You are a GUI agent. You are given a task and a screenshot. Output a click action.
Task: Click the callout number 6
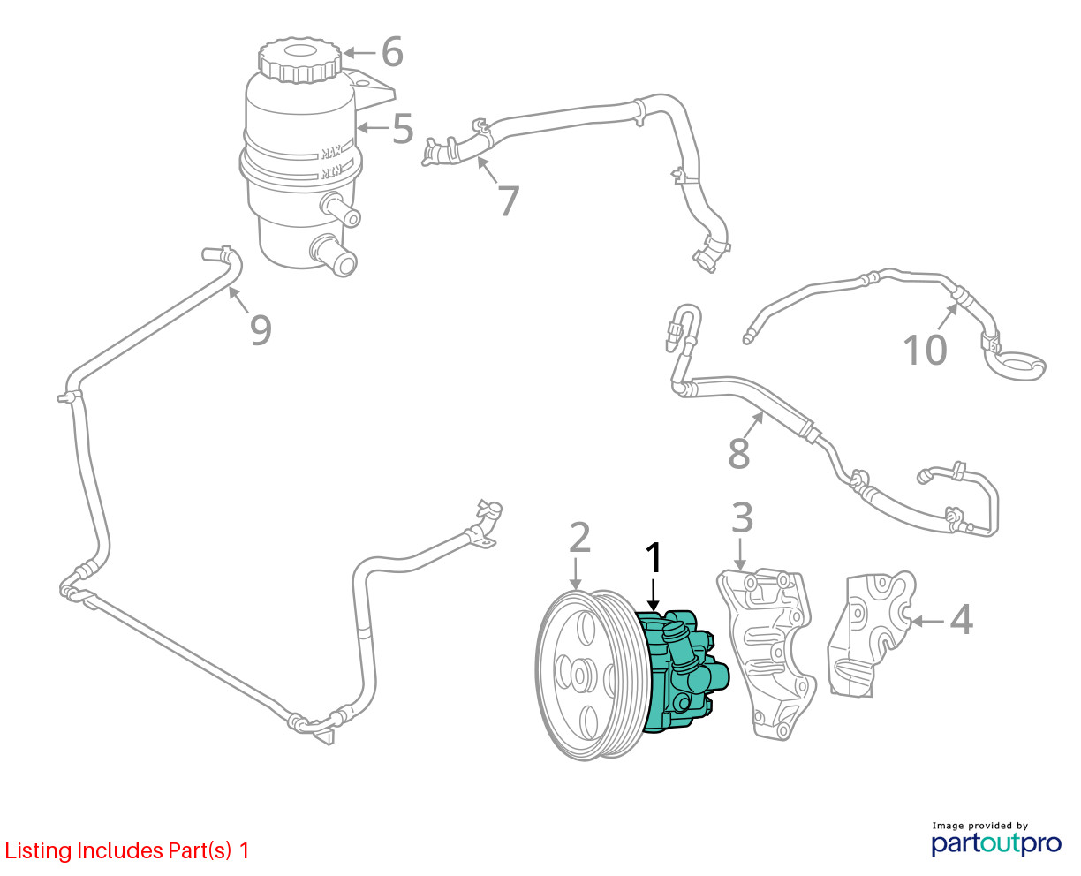(392, 52)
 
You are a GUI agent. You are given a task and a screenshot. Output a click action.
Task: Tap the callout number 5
(402, 129)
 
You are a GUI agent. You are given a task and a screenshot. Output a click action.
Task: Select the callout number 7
(508, 200)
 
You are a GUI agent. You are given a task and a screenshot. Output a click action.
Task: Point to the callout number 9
(260, 329)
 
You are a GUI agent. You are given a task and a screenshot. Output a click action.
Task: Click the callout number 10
(925, 350)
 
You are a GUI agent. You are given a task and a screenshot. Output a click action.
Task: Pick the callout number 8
(739, 453)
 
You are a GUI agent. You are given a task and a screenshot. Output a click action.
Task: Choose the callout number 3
(742, 518)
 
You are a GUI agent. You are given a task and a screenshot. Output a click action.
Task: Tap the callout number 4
(961, 620)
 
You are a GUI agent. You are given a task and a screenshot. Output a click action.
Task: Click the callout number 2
(578, 538)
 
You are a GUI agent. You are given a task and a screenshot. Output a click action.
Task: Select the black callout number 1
(654, 559)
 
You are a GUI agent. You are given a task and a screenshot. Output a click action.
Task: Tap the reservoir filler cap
(300, 59)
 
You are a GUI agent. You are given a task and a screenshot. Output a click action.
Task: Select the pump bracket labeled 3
(767, 653)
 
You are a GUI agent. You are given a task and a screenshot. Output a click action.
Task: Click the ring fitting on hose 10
(1017, 366)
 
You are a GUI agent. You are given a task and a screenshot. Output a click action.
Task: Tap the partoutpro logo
(996, 842)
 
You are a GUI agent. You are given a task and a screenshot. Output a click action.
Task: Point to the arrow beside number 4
(926, 621)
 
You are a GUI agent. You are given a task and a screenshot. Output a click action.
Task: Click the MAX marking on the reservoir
(332, 150)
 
